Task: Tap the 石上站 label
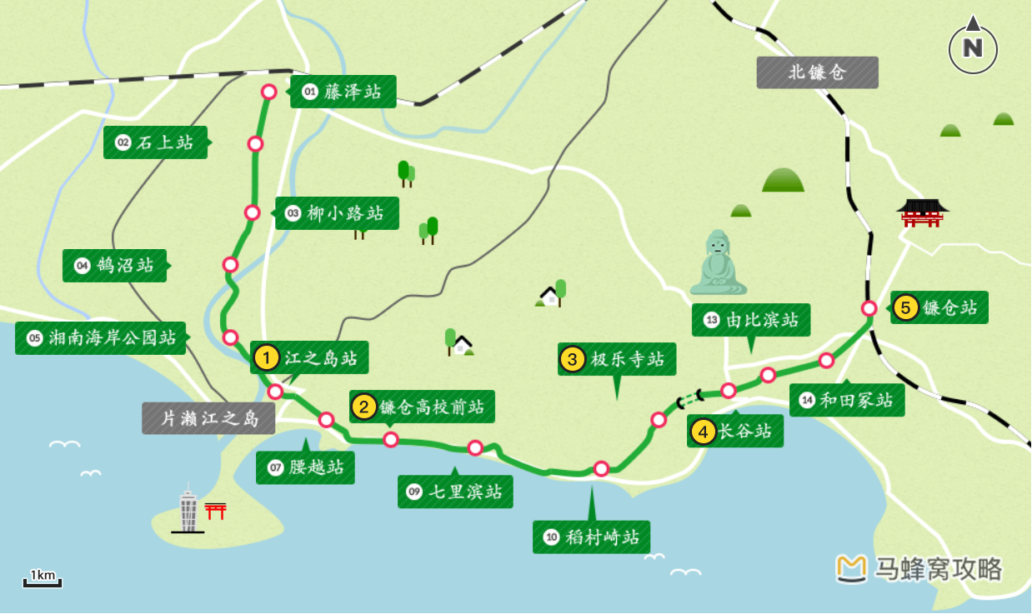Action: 156,142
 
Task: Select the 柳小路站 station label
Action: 337,213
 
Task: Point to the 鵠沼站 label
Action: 115,266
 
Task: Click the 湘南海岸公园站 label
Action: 101,338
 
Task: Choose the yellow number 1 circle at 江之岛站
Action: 265,358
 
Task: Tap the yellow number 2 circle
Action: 364,407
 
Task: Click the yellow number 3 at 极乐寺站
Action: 572,359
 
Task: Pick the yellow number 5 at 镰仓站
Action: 905,307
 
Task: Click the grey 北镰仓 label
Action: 817,72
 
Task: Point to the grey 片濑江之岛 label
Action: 208,418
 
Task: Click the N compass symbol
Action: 973,47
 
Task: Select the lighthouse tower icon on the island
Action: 188,508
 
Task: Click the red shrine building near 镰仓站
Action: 922,212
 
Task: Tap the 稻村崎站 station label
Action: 592,537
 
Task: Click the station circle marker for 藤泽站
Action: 268,92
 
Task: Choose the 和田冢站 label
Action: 846,401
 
